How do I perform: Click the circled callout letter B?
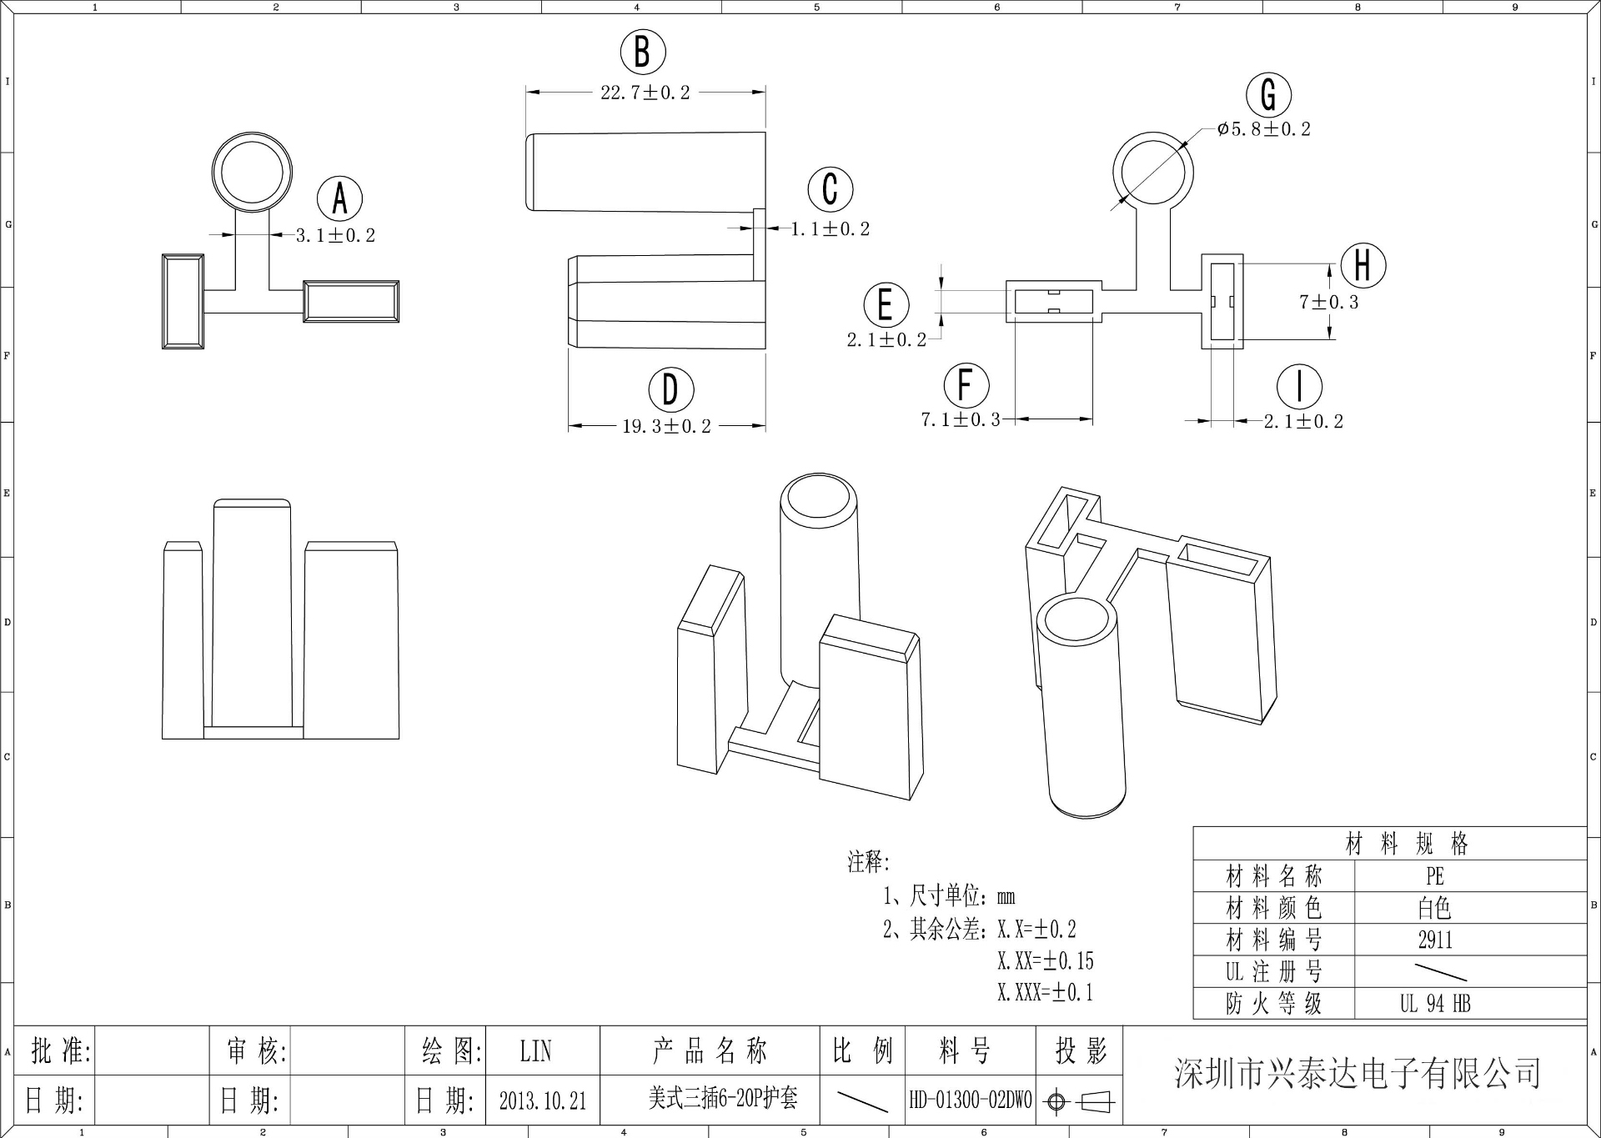click(643, 52)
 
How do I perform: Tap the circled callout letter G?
click(1268, 95)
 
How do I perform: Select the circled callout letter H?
click(1363, 265)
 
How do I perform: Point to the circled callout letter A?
click(339, 199)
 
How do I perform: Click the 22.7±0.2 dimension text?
click(645, 93)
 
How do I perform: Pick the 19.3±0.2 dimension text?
click(666, 426)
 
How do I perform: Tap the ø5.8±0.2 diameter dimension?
click(1263, 129)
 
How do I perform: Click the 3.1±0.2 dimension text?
click(335, 236)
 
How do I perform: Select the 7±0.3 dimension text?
click(1328, 302)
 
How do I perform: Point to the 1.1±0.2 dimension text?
click(830, 229)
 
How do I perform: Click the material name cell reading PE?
click(1434, 876)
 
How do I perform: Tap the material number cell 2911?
click(1435, 940)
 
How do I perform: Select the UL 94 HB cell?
click(1435, 1004)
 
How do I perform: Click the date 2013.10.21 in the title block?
click(543, 1100)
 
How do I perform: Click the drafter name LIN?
click(535, 1051)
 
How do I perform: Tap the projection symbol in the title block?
click(1081, 1101)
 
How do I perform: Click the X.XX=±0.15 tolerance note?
click(1045, 961)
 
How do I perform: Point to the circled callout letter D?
click(671, 389)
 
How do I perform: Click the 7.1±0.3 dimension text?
click(960, 420)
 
